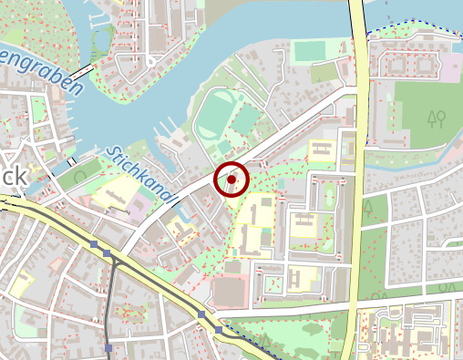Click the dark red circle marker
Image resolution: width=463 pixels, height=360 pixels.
tap(231, 180)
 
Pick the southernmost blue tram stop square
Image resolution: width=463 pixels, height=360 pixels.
tap(108, 347)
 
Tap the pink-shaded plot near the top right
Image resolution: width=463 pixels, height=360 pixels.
tap(450, 66)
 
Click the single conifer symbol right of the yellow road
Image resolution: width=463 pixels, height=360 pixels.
tap(369, 208)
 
